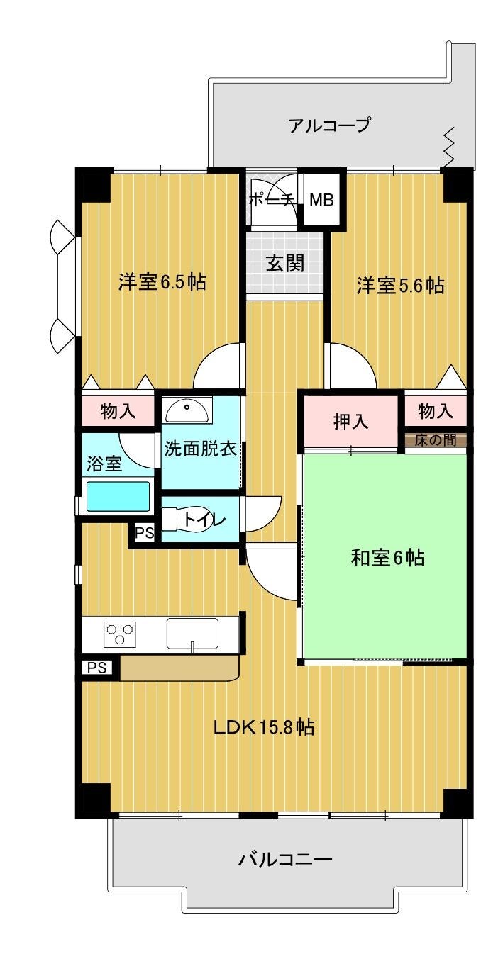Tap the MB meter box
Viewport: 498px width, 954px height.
(321, 199)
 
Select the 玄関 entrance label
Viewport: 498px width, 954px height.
(285, 263)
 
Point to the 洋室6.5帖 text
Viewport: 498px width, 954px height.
(162, 281)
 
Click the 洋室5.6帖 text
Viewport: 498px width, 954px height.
(400, 285)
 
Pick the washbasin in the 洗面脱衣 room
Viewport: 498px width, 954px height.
(188, 410)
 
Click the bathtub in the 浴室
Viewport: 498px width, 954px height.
(118, 495)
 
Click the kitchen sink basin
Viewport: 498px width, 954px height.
(192, 634)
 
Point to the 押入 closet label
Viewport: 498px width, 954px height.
(350, 422)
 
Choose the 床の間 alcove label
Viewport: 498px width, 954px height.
(436, 440)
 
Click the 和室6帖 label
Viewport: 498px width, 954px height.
(387, 558)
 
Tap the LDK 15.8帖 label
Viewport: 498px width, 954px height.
(264, 727)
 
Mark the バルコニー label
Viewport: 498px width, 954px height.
(284, 859)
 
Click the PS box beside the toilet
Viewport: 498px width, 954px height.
(145, 533)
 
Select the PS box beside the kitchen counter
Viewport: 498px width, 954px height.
(97, 667)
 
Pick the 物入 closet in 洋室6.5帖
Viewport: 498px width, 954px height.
(118, 411)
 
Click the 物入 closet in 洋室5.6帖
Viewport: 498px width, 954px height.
(436, 411)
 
